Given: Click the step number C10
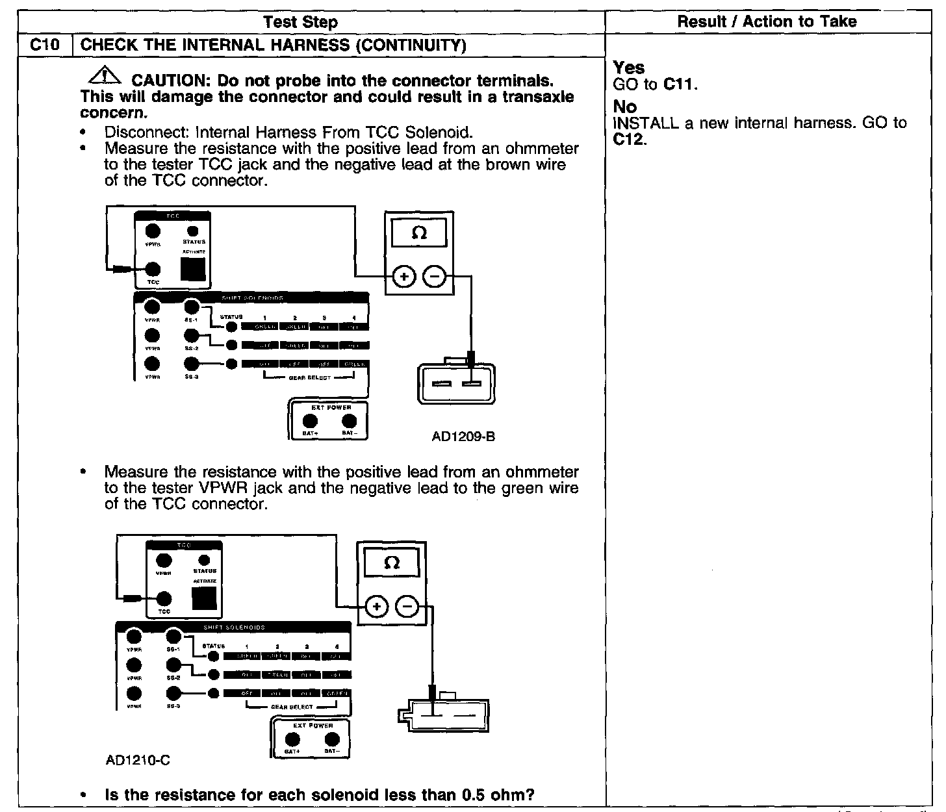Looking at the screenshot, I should click(x=45, y=45).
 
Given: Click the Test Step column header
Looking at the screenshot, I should click(x=301, y=22).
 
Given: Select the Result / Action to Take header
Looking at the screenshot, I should click(x=767, y=21).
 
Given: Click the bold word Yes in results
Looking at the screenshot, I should click(x=629, y=68).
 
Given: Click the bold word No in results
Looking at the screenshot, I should click(x=625, y=107).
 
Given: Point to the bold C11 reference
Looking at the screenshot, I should click(x=679, y=84).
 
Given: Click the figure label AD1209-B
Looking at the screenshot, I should click(x=463, y=437).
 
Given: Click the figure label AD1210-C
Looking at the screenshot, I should click(x=138, y=759).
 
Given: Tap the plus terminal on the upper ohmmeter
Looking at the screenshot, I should click(x=404, y=277).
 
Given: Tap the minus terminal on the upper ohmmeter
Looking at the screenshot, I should click(x=435, y=277).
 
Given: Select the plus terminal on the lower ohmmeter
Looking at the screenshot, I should click(x=376, y=607).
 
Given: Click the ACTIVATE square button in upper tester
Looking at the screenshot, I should click(x=193, y=269).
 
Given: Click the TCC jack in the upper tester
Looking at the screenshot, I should click(x=153, y=269).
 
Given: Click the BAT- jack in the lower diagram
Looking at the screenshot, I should click(x=332, y=739).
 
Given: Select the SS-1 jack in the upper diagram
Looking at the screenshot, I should click(x=191, y=306).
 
